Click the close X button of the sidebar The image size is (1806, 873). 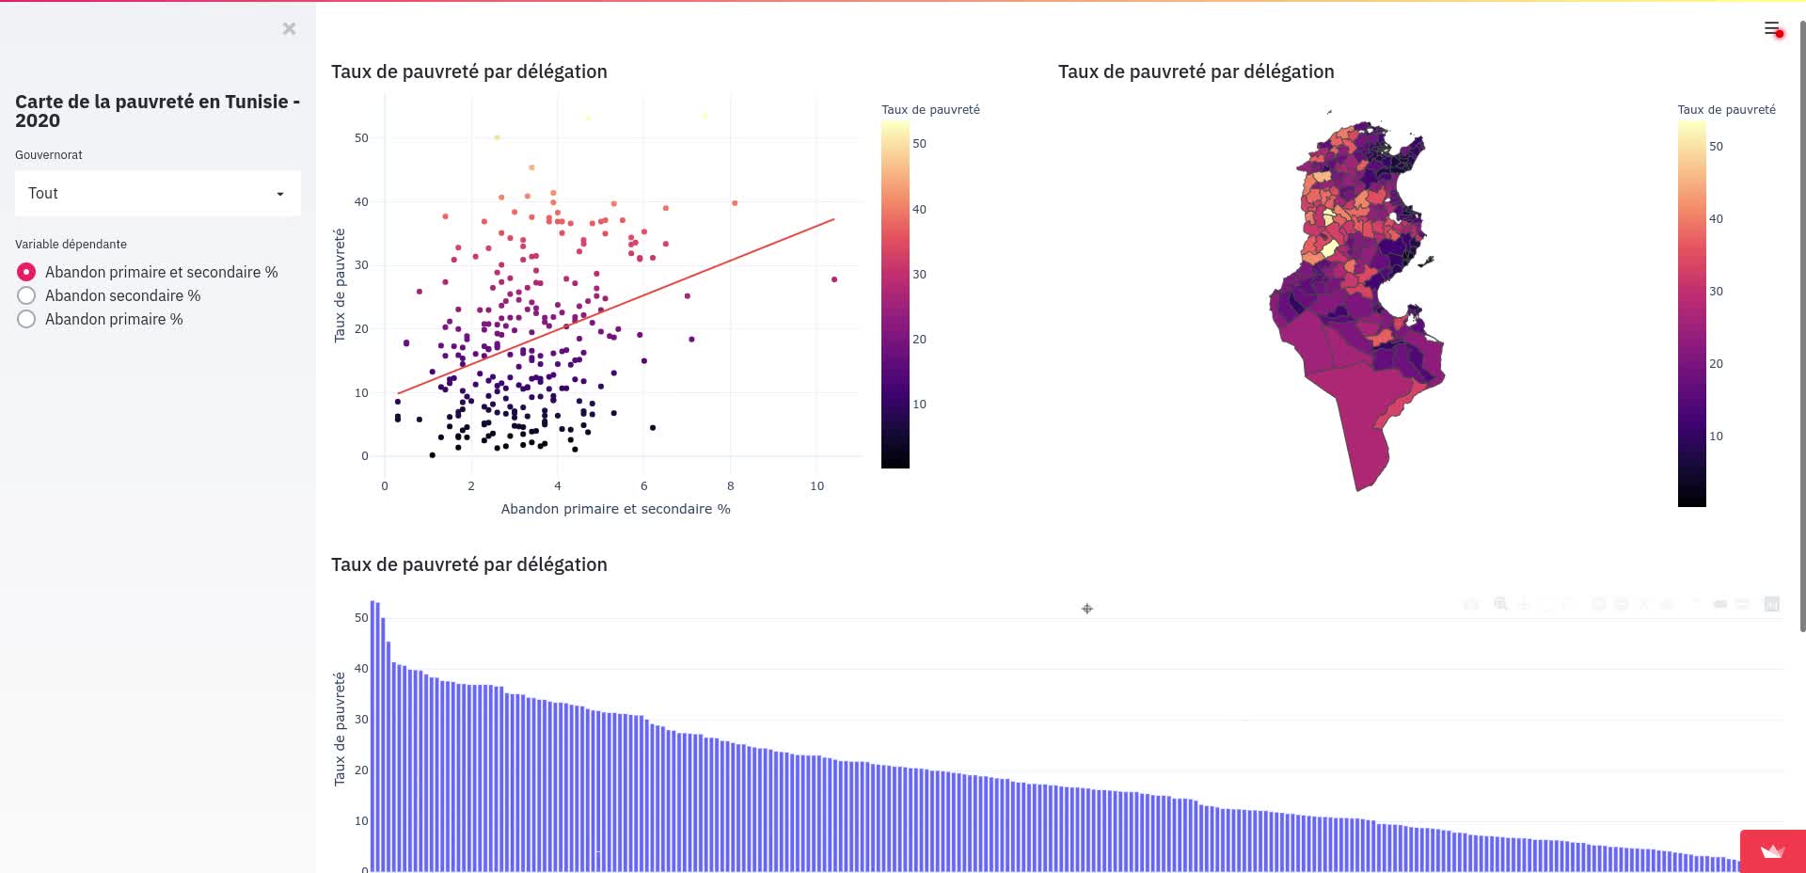(x=289, y=29)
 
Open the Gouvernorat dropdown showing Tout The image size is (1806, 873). (x=158, y=194)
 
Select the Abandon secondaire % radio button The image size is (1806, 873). (x=26, y=295)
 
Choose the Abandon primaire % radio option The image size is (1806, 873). (x=26, y=319)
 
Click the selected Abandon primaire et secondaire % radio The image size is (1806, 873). (x=26, y=272)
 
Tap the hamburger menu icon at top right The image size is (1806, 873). (x=1771, y=28)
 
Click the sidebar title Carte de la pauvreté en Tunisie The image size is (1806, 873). (x=157, y=111)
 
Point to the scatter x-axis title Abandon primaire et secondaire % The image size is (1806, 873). (x=615, y=509)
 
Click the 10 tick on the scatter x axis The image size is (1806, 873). (x=816, y=486)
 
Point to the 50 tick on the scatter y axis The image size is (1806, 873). (x=361, y=138)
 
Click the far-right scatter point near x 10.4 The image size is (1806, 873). (x=834, y=279)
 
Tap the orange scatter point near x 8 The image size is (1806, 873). (x=735, y=203)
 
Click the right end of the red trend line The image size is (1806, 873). (x=833, y=219)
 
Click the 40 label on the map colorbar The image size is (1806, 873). (x=1716, y=219)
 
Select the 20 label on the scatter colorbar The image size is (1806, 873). (x=919, y=340)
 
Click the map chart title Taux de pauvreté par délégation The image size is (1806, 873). (x=1196, y=71)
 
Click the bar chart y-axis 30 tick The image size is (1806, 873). (x=361, y=720)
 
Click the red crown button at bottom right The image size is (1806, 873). (x=1772, y=851)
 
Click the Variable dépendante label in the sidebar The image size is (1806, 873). (x=71, y=245)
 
